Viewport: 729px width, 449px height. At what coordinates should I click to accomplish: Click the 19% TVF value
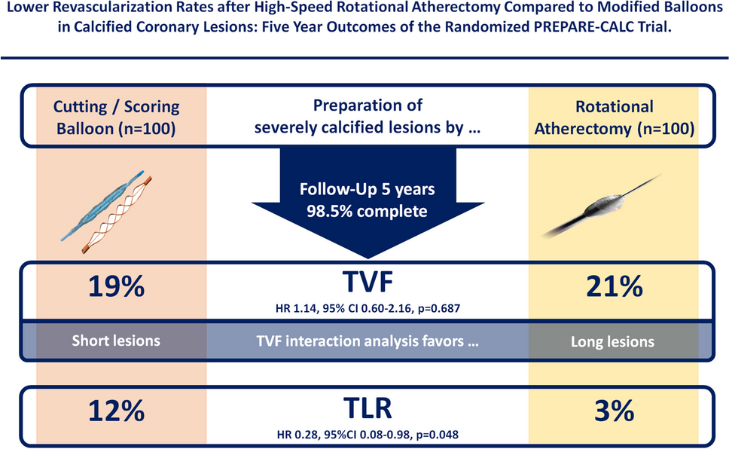click(116, 286)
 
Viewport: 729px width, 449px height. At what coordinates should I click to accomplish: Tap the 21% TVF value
click(615, 286)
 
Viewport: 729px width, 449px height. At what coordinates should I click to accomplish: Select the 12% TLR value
click(116, 411)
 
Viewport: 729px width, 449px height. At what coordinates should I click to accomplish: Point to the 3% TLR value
click(615, 411)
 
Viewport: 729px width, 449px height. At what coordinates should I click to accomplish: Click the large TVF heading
click(368, 281)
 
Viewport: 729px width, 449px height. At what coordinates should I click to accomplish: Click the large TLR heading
click(368, 408)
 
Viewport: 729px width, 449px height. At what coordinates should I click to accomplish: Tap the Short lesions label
click(116, 341)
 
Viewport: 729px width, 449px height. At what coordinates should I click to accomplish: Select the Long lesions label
click(613, 342)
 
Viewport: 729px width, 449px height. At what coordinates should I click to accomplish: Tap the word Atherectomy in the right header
click(581, 128)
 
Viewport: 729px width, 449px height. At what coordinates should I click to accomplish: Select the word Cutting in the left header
click(80, 107)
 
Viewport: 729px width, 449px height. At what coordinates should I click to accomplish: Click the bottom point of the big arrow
click(368, 258)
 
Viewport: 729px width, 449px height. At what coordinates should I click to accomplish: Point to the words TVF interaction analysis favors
click(360, 341)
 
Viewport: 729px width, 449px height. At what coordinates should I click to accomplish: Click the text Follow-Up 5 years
click(368, 189)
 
